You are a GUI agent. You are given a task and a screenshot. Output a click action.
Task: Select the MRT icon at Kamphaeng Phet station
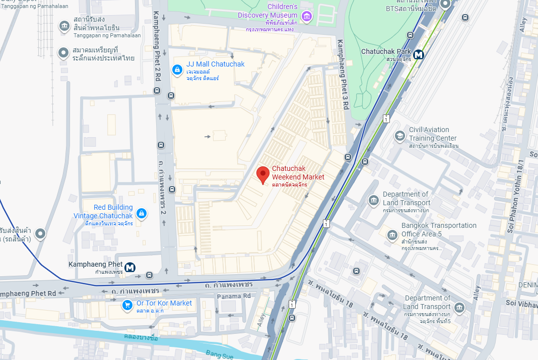click(130, 267)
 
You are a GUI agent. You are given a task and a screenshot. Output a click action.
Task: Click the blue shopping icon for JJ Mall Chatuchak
click(177, 70)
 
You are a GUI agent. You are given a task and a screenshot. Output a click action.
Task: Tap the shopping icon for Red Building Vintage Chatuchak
click(142, 214)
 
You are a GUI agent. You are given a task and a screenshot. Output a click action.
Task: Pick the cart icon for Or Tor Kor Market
click(127, 305)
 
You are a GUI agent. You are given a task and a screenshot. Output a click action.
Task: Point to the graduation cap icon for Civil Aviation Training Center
click(399, 136)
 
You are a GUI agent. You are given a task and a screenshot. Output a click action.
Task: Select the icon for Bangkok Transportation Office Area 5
click(392, 234)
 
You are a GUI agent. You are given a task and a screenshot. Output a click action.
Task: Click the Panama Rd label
click(234, 296)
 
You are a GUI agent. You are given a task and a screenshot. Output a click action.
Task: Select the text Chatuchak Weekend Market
click(298, 172)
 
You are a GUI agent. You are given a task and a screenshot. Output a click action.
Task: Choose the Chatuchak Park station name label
click(386, 51)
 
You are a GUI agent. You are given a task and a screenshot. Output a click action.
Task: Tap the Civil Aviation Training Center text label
click(433, 134)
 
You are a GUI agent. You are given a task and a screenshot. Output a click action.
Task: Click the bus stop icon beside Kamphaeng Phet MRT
click(149, 275)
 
